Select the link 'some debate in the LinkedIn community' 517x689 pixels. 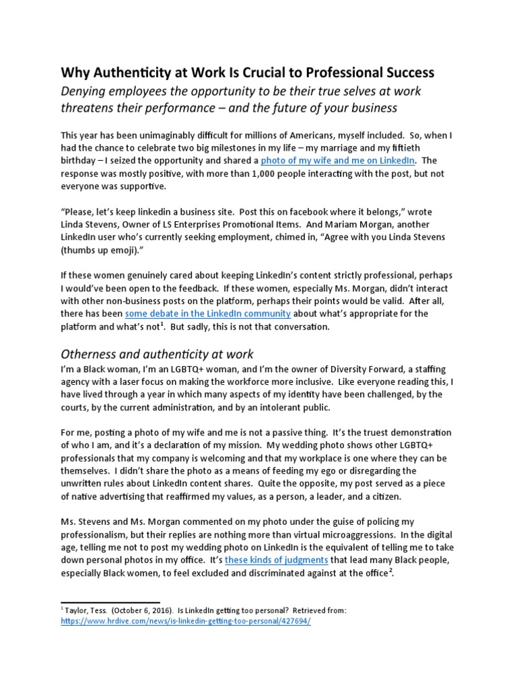(207, 314)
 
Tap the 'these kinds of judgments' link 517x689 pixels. (277, 559)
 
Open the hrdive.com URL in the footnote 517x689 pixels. (186, 622)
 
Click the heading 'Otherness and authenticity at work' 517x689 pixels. (158, 354)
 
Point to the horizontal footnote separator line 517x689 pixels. (110, 601)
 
